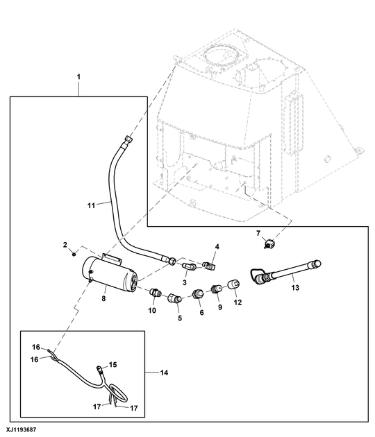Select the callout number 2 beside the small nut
point(65,246)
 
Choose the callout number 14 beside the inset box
point(164,373)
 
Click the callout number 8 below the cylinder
point(105,299)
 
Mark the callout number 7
point(258,234)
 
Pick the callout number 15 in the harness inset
point(113,363)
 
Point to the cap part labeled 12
point(233,284)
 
